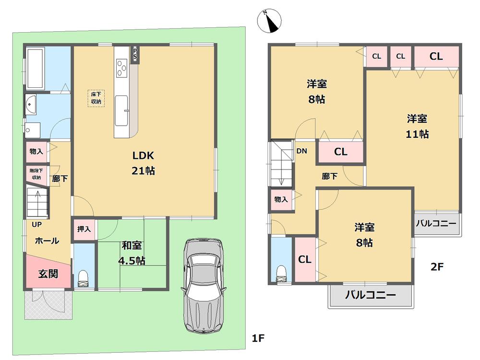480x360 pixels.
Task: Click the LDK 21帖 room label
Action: point(144,163)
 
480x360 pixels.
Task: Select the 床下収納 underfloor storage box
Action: point(96,98)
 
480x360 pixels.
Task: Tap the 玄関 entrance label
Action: point(48,274)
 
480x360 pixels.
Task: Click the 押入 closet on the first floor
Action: point(84,229)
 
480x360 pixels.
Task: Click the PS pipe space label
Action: point(135,54)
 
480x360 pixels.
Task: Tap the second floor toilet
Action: point(281,273)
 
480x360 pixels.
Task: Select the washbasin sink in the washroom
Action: point(32,103)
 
